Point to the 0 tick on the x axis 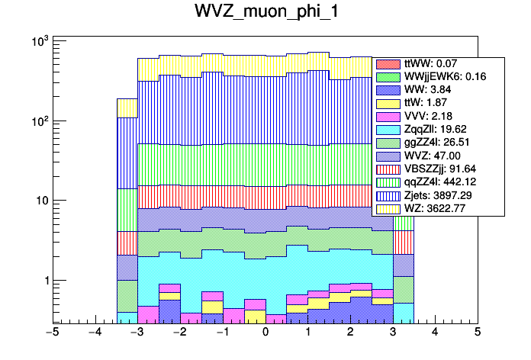click(265, 333)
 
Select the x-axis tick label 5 click(477, 333)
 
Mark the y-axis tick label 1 click(43, 281)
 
